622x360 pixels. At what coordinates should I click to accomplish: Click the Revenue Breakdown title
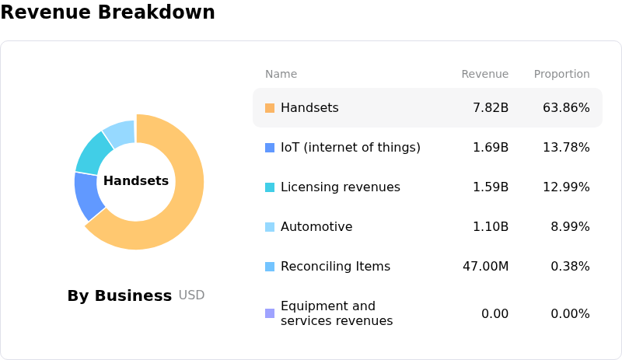(x=107, y=12)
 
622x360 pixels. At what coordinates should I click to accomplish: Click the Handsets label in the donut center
(x=136, y=181)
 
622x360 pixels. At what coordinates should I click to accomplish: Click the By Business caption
(x=119, y=295)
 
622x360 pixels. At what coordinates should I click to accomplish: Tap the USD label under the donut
(x=191, y=295)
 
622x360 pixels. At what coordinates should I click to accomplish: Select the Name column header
(x=281, y=74)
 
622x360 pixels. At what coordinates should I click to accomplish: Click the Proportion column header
(x=561, y=74)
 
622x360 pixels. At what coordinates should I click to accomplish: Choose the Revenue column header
(x=484, y=74)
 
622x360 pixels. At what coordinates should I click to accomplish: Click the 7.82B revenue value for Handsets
(x=490, y=107)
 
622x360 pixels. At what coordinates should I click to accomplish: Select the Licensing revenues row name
(x=340, y=187)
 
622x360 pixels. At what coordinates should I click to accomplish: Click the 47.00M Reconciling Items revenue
(x=485, y=267)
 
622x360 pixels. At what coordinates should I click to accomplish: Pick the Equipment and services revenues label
(x=336, y=313)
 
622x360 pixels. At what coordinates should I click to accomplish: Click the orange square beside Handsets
(x=270, y=108)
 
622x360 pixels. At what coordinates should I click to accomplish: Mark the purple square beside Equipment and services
(x=270, y=313)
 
